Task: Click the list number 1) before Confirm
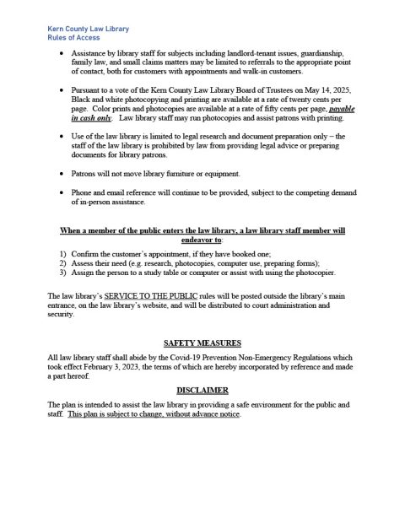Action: click(63, 253)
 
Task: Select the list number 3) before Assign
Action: click(63, 273)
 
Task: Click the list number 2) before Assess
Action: click(63, 263)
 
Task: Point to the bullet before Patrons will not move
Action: click(66, 173)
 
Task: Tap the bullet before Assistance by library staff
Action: click(66, 53)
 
